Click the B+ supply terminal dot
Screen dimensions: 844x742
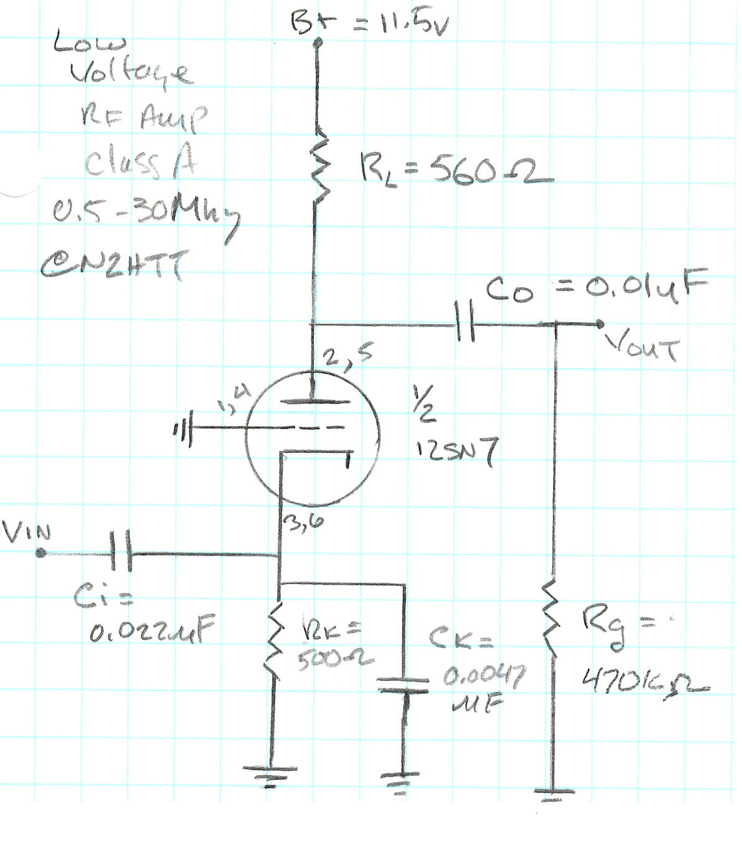tap(318, 43)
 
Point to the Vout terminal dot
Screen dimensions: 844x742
tap(600, 324)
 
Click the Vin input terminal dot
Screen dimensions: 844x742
tap(40, 552)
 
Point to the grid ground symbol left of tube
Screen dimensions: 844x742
tap(184, 427)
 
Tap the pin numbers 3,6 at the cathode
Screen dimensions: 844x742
tap(304, 523)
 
